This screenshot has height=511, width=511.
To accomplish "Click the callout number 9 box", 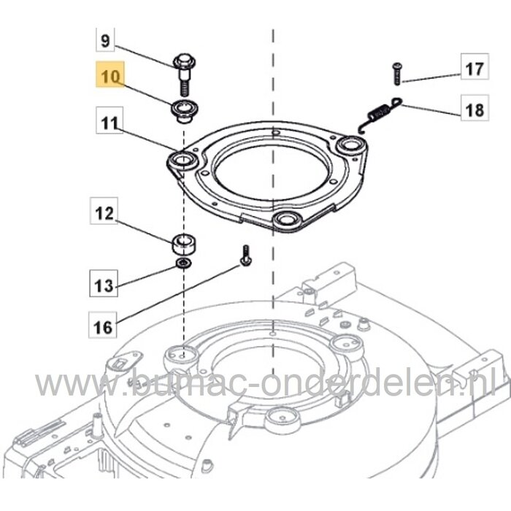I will [x=105, y=41].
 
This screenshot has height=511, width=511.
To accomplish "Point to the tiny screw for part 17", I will [x=397, y=70].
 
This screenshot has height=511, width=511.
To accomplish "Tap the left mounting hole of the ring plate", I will [x=180, y=158].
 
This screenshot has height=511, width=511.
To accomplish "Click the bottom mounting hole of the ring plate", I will [x=283, y=220].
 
